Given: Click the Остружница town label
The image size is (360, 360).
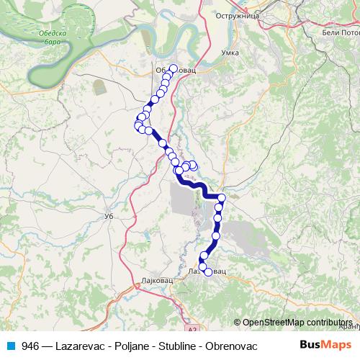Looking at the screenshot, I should [x=237, y=14].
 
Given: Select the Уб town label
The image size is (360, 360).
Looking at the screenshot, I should [x=109, y=216].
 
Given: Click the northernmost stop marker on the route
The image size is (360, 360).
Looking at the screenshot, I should [x=173, y=68].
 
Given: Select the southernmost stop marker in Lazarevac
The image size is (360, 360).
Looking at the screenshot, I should [x=209, y=271].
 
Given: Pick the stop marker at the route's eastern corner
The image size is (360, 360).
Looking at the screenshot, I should [x=222, y=198].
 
